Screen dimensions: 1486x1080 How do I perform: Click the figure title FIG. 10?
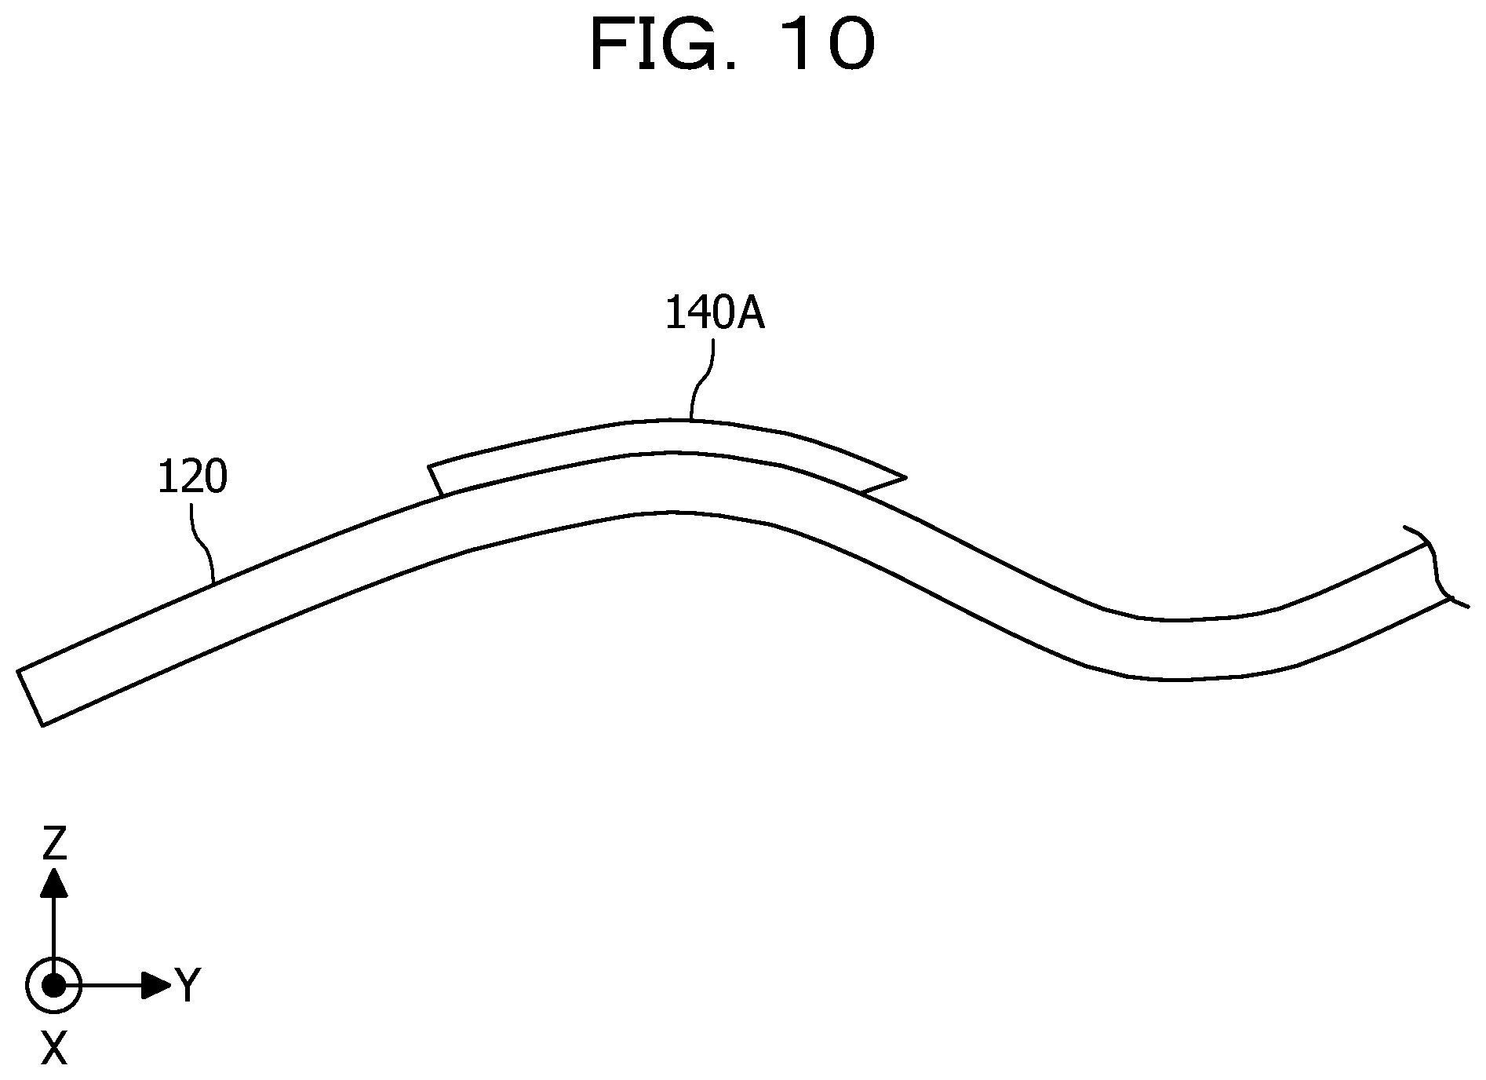pyautogui.click(x=731, y=46)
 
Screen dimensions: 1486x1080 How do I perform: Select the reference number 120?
pyautogui.click(x=192, y=477)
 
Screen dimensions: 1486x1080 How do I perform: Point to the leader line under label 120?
pyautogui.click(x=203, y=542)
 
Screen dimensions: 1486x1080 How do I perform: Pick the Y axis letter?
pyautogui.click(x=188, y=985)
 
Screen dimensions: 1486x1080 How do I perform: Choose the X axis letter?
pyautogui.click(x=53, y=1048)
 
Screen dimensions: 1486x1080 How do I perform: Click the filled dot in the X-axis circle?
pyautogui.click(x=53, y=984)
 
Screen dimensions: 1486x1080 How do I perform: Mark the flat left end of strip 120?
pyautogui.click(x=31, y=698)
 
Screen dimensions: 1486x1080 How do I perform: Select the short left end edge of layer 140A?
pyautogui.click(x=435, y=480)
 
